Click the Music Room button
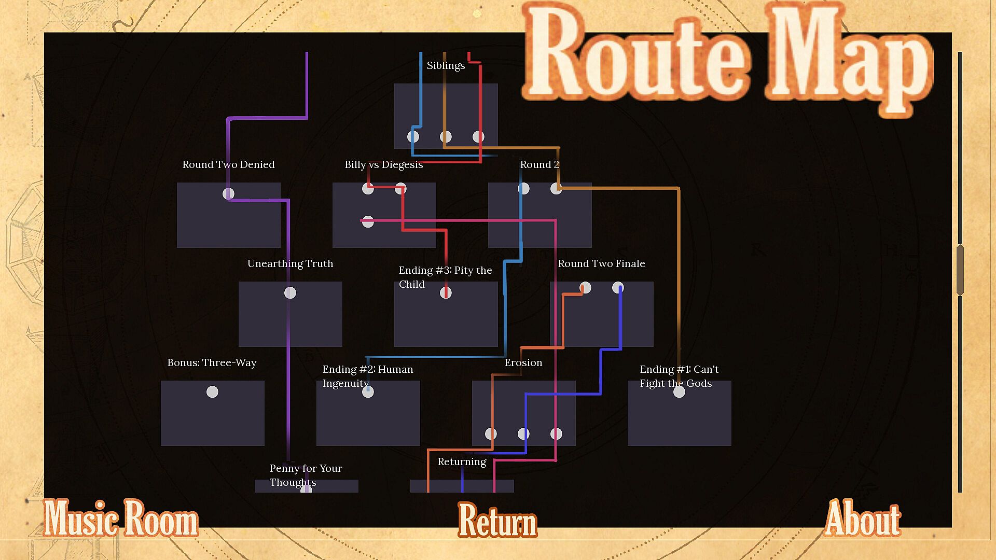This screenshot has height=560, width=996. point(120,519)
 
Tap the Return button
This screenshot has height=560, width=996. point(497,520)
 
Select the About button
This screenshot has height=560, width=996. point(863,519)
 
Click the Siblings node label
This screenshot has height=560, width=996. point(446,66)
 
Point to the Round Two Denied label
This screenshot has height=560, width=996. point(228,165)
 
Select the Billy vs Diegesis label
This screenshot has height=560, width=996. point(383,165)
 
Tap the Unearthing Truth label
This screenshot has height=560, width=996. point(290,264)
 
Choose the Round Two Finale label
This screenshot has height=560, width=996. point(601,264)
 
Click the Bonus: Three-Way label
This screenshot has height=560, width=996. point(212,363)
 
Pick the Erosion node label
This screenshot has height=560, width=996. point(523,363)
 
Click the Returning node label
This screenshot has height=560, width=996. point(462,462)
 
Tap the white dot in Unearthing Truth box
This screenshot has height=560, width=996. point(290,293)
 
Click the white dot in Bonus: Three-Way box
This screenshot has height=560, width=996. point(212,392)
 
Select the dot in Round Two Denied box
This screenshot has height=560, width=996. point(228,194)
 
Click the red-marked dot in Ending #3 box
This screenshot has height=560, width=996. point(446,293)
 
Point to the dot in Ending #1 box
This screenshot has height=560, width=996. point(679,392)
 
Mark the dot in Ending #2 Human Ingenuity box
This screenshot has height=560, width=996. point(368,392)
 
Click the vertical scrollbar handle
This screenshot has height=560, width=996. point(960,270)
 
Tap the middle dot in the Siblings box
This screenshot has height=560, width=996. point(446,137)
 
